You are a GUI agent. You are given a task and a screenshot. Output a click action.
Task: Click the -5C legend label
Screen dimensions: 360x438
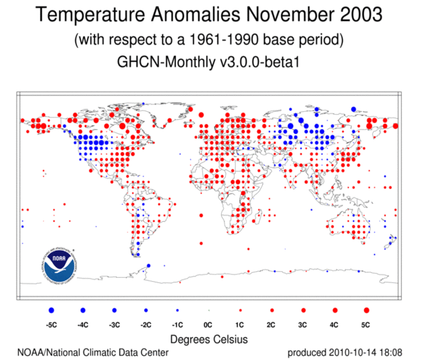coord(52,325)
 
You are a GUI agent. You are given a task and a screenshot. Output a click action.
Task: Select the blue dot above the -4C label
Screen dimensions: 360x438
coord(83,310)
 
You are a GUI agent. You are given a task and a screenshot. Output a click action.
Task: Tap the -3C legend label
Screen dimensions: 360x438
coord(115,325)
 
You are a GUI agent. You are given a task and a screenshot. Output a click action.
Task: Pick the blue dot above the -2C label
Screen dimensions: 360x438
coord(146,310)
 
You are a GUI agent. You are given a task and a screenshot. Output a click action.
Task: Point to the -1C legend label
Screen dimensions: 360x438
coord(177,325)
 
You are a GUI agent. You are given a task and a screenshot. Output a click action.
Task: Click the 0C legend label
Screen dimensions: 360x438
coord(209,325)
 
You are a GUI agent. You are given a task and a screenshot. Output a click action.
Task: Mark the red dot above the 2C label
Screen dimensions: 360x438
coord(272,310)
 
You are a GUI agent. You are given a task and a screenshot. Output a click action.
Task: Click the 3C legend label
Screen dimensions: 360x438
coord(303,325)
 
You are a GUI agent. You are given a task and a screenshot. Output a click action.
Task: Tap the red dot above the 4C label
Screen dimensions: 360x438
coord(335,310)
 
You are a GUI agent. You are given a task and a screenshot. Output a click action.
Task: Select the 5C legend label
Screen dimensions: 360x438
coord(366,325)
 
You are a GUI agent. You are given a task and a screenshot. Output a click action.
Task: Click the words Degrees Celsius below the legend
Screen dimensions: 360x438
coord(209,338)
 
